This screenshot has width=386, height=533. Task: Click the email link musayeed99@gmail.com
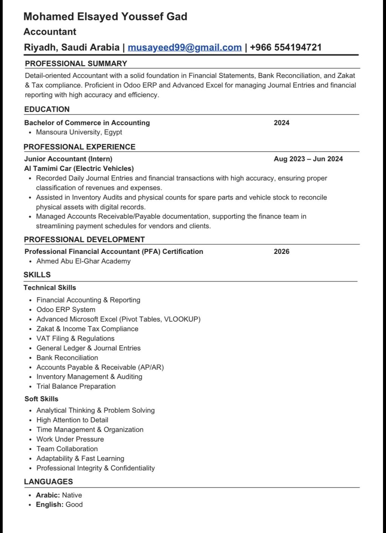(x=185, y=48)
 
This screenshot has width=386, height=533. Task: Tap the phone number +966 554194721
(x=286, y=48)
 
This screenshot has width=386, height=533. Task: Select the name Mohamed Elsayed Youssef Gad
(x=105, y=17)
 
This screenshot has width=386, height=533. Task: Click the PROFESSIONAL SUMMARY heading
(x=76, y=63)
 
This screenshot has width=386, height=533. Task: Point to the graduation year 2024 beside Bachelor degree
(x=282, y=123)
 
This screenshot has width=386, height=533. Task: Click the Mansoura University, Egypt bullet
(x=79, y=132)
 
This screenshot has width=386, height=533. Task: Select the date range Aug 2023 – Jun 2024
(x=308, y=159)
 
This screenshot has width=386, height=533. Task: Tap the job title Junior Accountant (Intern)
(x=68, y=159)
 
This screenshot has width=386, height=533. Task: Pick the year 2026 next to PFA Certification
(x=282, y=252)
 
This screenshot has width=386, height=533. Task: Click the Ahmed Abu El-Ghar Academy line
(x=83, y=261)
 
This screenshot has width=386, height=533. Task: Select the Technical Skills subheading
(x=50, y=288)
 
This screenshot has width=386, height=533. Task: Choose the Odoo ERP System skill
(x=66, y=310)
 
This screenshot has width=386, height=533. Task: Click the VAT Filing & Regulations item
(x=75, y=338)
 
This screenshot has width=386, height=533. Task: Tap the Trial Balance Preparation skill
(x=76, y=386)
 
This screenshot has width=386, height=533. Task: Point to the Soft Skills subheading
(x=41, y=399)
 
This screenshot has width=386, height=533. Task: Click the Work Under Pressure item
(x=70, y=439)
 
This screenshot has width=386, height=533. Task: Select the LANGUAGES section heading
(x=48, y=482)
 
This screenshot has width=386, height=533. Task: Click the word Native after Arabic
(x=72, y=495)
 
